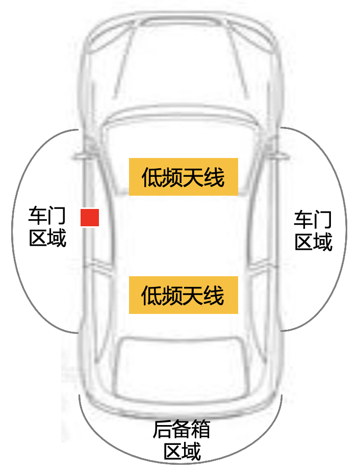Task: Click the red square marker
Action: tap(90, 218)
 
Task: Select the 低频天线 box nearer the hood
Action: tap(184, 177)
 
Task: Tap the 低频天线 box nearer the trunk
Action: tap(184, 295)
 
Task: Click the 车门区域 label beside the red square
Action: tap(47, 227)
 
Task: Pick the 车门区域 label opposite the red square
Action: tap(313, 231)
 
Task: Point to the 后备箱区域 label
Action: tap(182, 441)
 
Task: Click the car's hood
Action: tap(182, 61)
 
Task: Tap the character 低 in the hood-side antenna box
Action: tap(151, 177)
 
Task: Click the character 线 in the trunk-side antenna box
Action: tap(214, 296)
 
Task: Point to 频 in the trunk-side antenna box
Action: tap(172, 296)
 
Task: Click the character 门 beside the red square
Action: tap(57, 216)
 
